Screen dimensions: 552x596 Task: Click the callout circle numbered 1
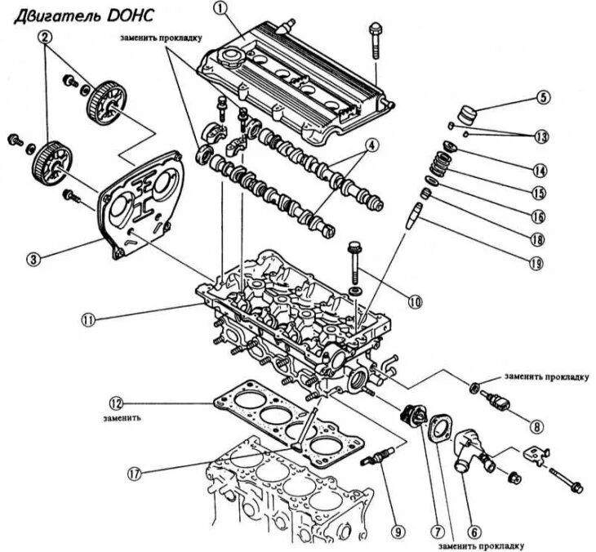click(x=219, y=9)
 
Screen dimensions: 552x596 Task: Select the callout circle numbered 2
click(x=45, y=36)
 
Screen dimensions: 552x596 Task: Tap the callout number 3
click(x=33, y=260)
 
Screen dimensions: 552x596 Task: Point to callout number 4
click(x=371, y=147)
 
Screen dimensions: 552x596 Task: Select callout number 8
click(x=536, y=425)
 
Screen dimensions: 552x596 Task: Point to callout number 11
click(x=91, y=319)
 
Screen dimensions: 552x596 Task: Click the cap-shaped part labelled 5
click(x=467, y=112)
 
